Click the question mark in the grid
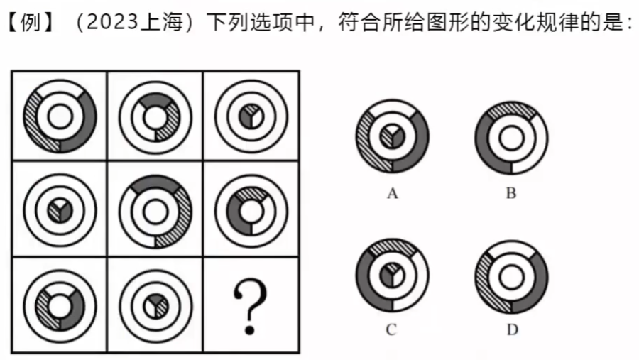click(251, 307)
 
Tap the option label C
click(391, 329)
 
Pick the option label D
click(510, 329)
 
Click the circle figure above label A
click(391, 136)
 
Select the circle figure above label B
click(510, 136)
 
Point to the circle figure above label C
click(391, 275)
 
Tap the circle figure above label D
click(510, 275)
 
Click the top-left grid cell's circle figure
click(59, 116)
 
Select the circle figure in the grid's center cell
click(155, 211)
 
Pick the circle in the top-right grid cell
click(251, 116)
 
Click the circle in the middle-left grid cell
click(59, 211)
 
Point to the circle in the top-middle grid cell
click(155, 116)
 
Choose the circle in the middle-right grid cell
click(251, 211)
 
